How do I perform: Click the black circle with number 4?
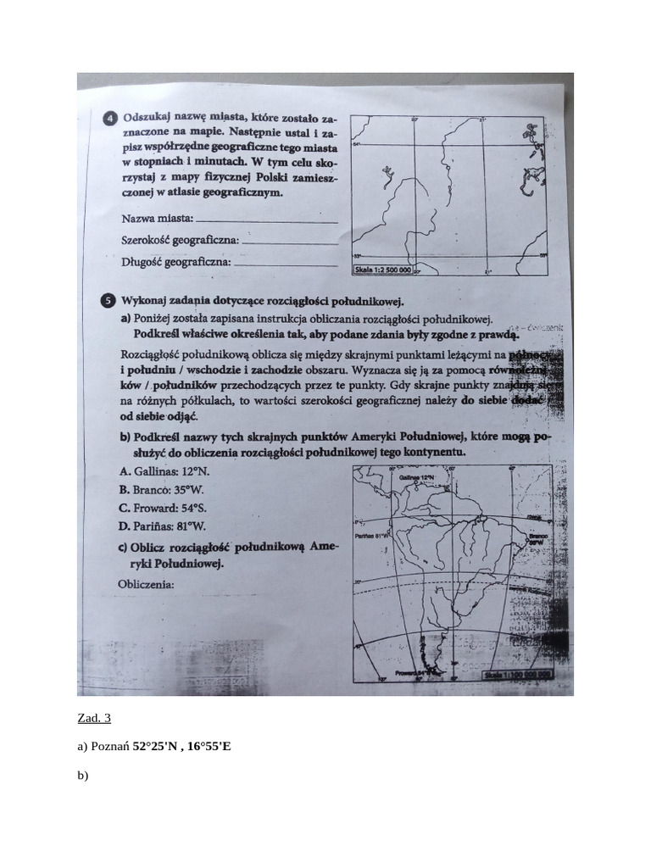(110, 119)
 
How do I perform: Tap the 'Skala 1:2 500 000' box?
(383, 270)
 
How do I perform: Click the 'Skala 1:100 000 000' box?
(517, 675)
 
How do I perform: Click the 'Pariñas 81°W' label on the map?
(371, 536)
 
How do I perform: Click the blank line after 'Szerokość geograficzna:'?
(291, 242)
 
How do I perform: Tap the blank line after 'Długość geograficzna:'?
(286, 264)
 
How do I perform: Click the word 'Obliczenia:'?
(146, 585)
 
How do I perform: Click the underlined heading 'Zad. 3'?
(94, 719)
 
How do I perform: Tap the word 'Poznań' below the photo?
(110, 747)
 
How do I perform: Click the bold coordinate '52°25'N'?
(156, 747)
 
